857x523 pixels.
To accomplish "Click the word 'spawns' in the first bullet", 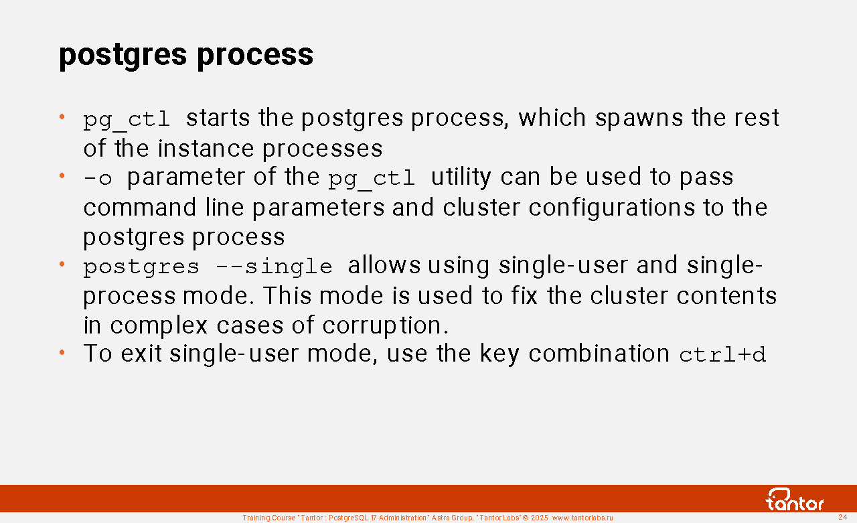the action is [x=639, y=119].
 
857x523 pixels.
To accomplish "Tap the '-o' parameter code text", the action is [x=98, y=178].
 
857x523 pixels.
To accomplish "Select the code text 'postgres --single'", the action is [x=208, y=267].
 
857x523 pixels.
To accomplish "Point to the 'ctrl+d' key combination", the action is [x=722, y=355].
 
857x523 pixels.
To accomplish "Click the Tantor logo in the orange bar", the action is [x=794, y=500].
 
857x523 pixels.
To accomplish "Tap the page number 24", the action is [x=843, y=517].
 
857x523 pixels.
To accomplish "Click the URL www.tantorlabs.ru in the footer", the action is [x=582, y=518].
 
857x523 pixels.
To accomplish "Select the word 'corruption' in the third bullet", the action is [x=385, y=326].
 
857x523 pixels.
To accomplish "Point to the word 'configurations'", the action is [x=612, y=208].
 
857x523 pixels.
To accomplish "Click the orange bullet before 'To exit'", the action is [x=62, y=352].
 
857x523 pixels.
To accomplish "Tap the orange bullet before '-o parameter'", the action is [x=62, y=176].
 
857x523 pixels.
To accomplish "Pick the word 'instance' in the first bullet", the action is [x=206, y=149].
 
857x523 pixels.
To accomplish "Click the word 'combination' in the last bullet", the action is [x=599, y=353].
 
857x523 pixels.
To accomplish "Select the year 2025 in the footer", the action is [x=540, y=518].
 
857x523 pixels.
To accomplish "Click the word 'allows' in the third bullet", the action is [x=384, y=265].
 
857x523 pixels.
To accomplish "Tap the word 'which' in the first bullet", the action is [x=552, y=117].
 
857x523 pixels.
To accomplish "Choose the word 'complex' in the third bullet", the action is [x=159, y=326].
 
